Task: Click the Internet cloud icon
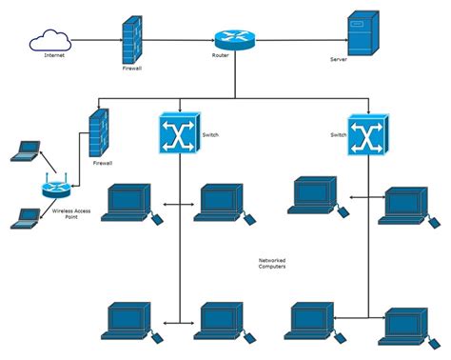[49, 40]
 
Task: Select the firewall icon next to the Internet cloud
[132, 41]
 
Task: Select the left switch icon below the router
[178, 135]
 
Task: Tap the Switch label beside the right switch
[338, 135]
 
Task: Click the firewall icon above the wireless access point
[100, 132]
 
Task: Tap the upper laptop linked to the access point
[26, 150]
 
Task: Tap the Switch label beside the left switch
[210, 135]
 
